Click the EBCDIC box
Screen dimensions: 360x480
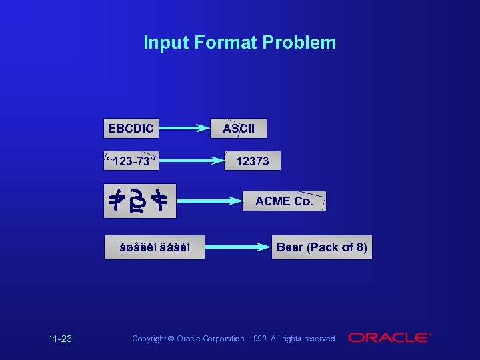pyautogui.click(x=131, y=128)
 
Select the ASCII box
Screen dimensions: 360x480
pyautogui.click(x=239, y=128)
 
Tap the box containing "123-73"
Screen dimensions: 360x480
pyautogui.click(x=131, y=161)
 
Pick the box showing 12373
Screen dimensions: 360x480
pyautogui.click(x=252, y=161)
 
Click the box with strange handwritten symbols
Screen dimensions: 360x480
pyautogui.click(x=140, y=201)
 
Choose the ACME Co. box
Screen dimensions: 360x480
pyautogui.click(x=284, y=201)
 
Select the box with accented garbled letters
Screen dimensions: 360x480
pyautogui.click(x=154, y=247)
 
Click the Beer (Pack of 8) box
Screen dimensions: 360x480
pyautogui.click(x=321, y=247)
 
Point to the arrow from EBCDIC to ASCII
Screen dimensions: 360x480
pyautogui.click(x=185, y=128)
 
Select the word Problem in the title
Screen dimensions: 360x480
pyautogui.click(x=299, y=43)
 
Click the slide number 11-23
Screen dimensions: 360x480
pyautogui.click(x=60, y=339)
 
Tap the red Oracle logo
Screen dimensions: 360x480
pyautogui.click(x=389, y=338)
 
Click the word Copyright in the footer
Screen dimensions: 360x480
pyautogui.click(x=149, y=339)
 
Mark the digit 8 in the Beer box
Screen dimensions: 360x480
pyautogui.click(x=359, y=247)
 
